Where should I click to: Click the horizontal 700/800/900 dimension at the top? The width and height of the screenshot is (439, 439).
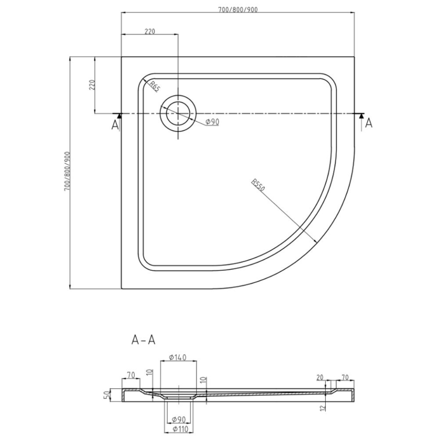(237, 9)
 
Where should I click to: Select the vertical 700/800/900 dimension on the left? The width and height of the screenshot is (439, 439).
(67, 171)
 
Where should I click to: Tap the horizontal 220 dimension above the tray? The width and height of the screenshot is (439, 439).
(150, 31)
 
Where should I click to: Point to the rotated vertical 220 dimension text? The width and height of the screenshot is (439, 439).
(92, 85)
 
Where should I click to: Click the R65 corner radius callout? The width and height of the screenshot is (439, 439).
(154, 86)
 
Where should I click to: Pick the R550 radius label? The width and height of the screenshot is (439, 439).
(258, 185)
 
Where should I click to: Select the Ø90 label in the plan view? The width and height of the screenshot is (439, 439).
(212, 122)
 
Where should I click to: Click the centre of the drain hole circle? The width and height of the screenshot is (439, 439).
(178, 113)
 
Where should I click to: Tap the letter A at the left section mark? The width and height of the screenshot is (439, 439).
(115, 125)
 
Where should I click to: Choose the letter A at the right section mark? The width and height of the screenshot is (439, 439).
(369, 123)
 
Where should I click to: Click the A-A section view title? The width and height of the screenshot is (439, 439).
(143, 340)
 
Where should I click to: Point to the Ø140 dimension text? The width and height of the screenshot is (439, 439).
(177, 357)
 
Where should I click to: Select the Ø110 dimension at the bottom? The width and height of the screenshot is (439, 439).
(179, 429)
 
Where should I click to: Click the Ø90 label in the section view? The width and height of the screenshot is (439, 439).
(179, 419)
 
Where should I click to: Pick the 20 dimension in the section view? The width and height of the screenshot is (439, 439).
(320, 378)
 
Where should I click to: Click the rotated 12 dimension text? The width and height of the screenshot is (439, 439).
(324, 408)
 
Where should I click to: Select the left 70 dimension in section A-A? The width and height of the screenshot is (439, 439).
(131, 375)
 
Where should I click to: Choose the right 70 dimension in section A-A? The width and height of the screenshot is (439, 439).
(345, 378)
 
